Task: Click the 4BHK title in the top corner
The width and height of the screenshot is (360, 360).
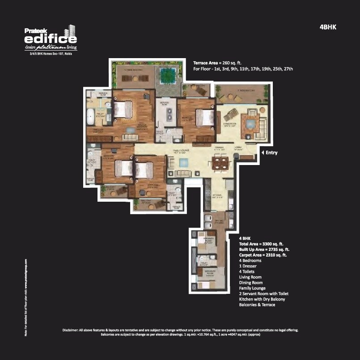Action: tap(328, 27)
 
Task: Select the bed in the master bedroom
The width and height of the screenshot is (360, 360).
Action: tap(123, 109)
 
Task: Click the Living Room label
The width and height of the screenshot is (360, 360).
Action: tap(231, 125)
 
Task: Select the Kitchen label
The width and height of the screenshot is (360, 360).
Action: tap(217, 195)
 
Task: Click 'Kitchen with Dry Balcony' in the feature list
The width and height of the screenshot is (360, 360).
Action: tap(262, 299)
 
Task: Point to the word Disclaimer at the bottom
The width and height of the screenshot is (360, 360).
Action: tap(70, 330)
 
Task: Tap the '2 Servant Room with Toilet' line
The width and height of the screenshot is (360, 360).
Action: tap(263, 294)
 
